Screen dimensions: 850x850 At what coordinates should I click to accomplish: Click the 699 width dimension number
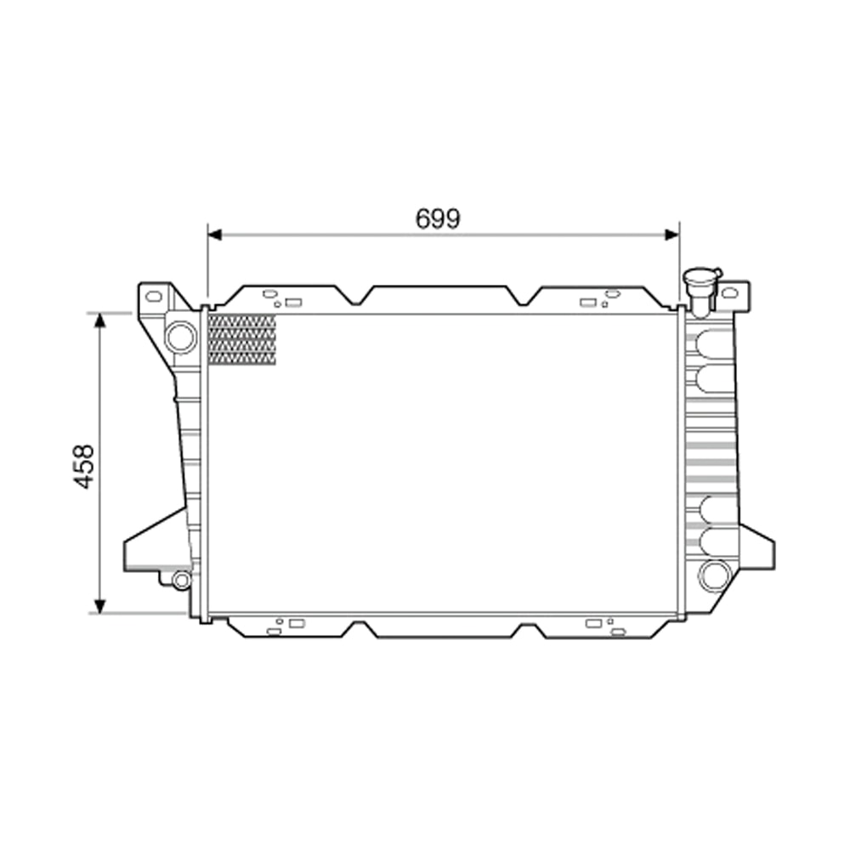pos(438,218)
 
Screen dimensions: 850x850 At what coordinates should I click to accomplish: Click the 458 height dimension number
pos(83,466)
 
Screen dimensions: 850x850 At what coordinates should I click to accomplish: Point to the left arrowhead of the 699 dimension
pos(214,235)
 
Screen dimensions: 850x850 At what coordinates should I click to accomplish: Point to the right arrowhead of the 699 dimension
pos(672,235)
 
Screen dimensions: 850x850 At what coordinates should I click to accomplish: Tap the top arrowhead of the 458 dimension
pos(100,320)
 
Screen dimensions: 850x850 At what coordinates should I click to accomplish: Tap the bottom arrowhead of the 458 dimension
pos(100,605)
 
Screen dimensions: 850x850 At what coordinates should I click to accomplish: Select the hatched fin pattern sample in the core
pos(242,340)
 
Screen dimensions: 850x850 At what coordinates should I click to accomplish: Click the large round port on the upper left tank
pos(180,337)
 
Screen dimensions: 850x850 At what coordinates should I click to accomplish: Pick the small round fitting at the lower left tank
pos(180,580)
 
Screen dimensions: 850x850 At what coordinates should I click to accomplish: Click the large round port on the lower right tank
pos(714,575)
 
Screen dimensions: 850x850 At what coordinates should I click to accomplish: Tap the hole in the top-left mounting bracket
pos(153,297)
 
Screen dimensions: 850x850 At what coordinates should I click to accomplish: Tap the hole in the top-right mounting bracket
pos(729,293)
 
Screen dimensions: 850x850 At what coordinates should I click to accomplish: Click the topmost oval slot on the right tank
pos(714,343)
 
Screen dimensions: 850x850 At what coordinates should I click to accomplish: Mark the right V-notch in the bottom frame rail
pos(527,631)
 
